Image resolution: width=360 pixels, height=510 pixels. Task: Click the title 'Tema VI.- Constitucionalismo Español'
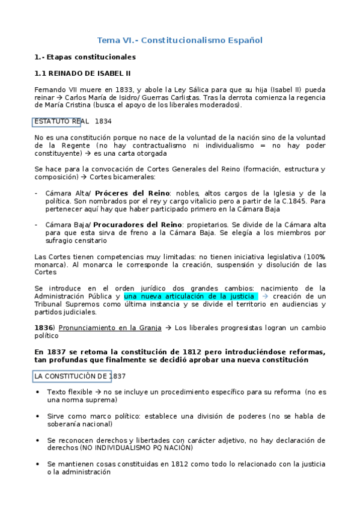(x=180, y=40)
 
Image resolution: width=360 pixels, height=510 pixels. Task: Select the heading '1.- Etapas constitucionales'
(x=85, y=57)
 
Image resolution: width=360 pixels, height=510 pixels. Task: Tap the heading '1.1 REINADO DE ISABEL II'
(x=82, y=73)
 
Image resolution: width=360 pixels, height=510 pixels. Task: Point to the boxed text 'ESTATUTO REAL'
(x=57, y=121)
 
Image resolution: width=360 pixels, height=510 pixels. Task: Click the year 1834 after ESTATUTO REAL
(x=103, y=121)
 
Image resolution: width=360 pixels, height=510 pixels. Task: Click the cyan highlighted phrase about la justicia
(x=190, y=296)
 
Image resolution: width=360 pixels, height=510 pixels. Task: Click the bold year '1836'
(x=44, y=328)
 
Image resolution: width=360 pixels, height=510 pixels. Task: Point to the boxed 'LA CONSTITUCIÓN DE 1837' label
(x=72, y=376)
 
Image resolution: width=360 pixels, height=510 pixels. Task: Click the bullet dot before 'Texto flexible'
(x=39, y=392)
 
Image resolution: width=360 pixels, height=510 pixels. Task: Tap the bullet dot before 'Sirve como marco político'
(x=39, y=416)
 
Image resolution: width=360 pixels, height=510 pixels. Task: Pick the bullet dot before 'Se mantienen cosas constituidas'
(x=39, y=464)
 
